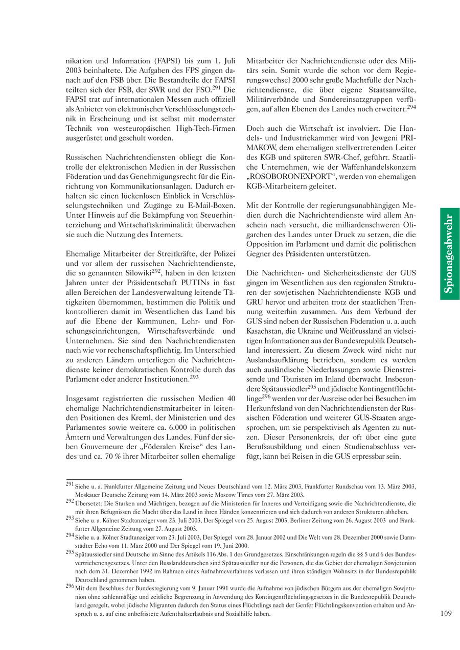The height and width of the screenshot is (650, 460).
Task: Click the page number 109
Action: pyautogui.click(x=446, y=614)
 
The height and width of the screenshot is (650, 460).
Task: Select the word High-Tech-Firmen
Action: pyautogui.click(x=204, y=128)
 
